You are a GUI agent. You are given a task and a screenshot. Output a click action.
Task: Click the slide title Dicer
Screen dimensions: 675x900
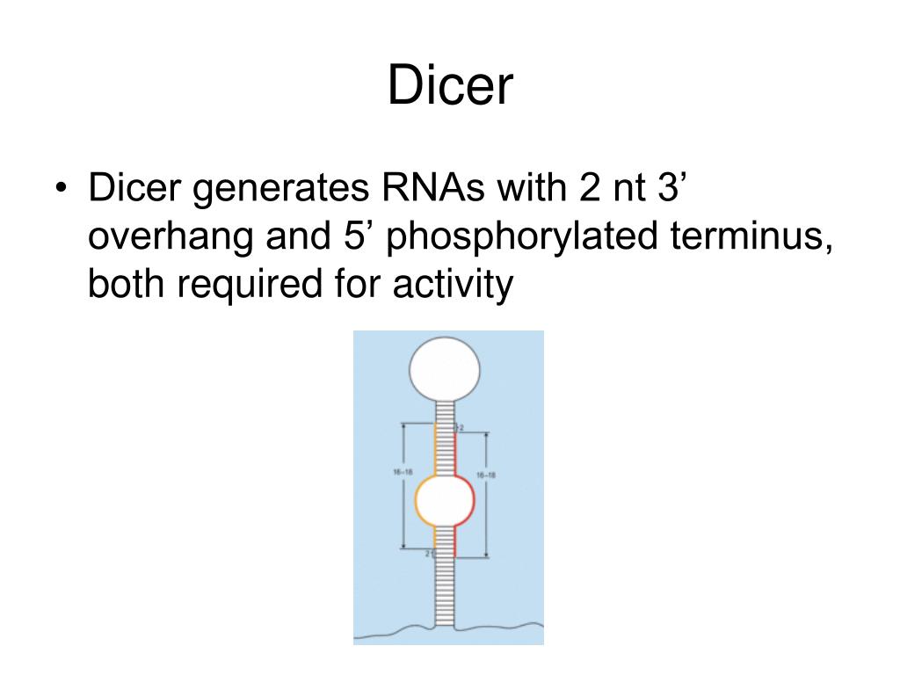click(x=449, y=88)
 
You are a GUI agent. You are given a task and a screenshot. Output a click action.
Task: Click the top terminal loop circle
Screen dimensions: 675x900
click(x=445, y=368)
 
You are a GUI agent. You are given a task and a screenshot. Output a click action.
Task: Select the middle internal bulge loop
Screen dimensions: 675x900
click(x=445, y=500)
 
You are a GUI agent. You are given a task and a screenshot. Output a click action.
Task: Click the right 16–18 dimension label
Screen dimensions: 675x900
click(x=486, y=475)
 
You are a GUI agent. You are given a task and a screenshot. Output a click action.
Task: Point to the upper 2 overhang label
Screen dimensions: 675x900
click(x=460, y=427)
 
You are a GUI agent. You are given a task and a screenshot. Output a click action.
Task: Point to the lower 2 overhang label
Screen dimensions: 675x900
click(x=428, y=554)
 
